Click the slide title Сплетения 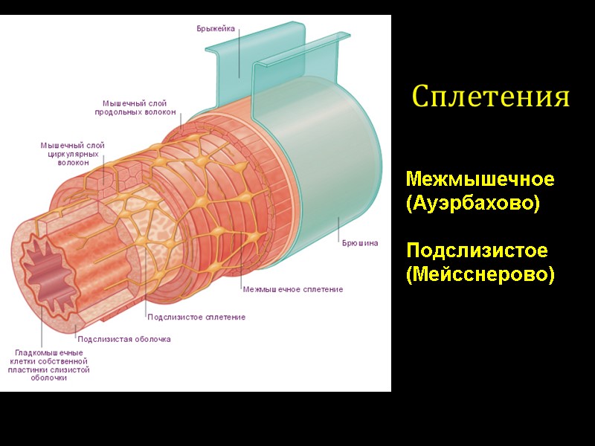tap(491, 97)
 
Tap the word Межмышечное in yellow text tap(480, 179)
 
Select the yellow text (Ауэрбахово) tap(472, 202)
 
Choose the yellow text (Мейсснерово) tap(480, 274)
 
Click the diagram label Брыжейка tap(216, 28)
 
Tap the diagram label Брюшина tap(360, 242)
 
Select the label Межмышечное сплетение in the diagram tap(292, 289)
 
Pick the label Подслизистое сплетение tap(196, 317)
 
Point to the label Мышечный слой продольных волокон tap(135, 108)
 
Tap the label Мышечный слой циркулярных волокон tap(72, 154)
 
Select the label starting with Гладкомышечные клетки tap(49, 364)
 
